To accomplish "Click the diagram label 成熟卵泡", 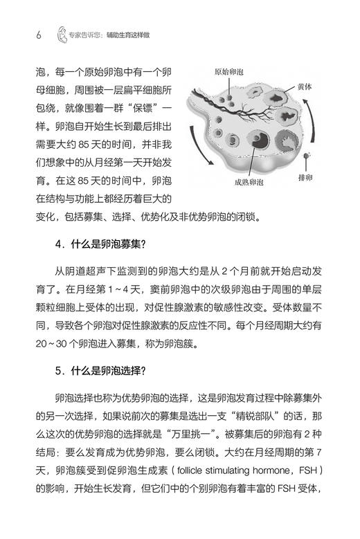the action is point(253,183).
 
